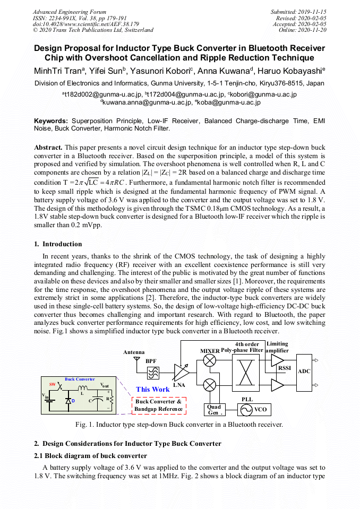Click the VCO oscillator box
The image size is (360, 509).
pyautogui.click(x=254, y=410)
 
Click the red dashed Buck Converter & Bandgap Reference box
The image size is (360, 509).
pyautogui.click(x=159, y=405)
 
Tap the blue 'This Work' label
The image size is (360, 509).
pyautogui.click(x=152, y=389)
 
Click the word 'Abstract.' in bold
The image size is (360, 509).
pyautogui.click(x=49, y=146)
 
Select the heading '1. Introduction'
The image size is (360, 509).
pyautogui.click(x=58, y=244)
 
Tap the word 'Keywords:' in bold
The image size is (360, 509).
pyautogui.click(x=52, y=121)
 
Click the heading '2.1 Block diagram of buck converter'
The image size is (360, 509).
pyautogui.click(x=90, y=455)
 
